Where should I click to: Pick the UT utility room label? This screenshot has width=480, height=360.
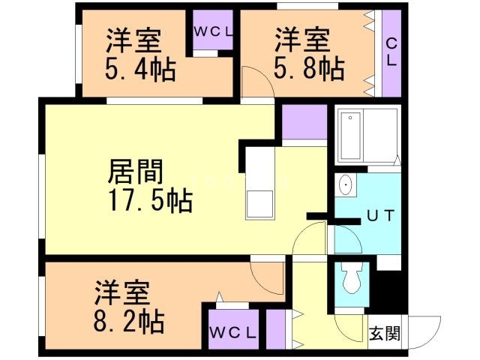380,217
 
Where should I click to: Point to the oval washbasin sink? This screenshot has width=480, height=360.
346,184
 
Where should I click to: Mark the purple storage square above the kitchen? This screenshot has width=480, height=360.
304,121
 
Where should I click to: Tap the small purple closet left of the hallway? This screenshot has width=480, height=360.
277,328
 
